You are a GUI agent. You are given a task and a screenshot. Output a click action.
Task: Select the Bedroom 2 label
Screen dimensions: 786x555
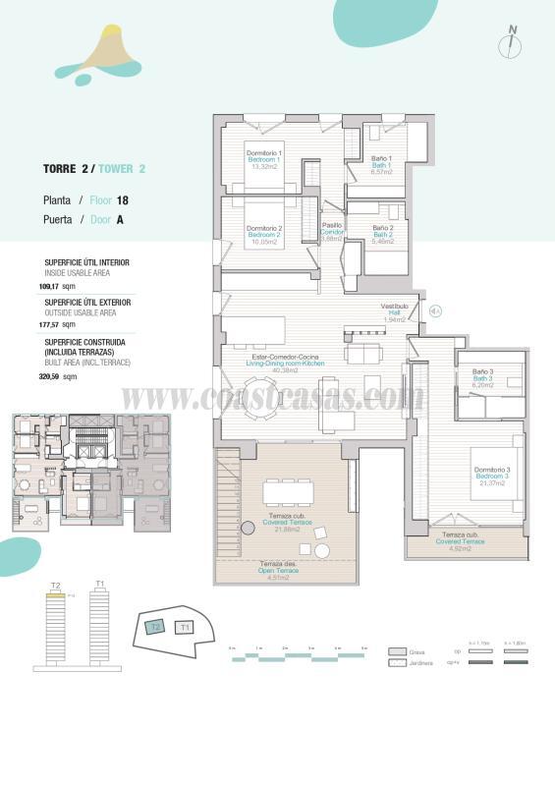tap(264, 236)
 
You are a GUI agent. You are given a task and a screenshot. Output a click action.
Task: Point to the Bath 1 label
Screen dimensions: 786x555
tap(381, 165)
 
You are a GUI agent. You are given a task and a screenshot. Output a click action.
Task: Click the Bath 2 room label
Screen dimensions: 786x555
tap(382, 235)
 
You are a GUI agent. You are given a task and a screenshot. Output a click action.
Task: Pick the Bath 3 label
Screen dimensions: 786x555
tap(481, 378)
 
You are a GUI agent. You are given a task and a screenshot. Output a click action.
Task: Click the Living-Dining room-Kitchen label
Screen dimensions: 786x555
tap(285, 364)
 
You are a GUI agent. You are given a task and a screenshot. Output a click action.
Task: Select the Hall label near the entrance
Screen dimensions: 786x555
tap(395, 312)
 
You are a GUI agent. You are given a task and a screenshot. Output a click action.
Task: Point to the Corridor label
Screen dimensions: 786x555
tap(332, 232)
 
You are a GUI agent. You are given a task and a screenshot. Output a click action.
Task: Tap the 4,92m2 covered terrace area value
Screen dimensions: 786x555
tap(460, 548)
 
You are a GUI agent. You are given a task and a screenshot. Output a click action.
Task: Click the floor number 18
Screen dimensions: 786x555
tap(123, 200)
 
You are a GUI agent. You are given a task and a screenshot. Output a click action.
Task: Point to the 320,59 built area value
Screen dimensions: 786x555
tap(49, 376)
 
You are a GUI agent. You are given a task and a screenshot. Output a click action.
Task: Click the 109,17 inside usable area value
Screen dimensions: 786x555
tap(48, 286)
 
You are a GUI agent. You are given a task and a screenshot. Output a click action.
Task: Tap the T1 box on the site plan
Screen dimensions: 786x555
tap(185, 626)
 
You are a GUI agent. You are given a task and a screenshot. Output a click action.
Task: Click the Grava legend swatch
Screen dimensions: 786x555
tap(397, 651)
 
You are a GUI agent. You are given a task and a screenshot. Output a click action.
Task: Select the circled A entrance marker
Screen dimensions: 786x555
tap(436, 311)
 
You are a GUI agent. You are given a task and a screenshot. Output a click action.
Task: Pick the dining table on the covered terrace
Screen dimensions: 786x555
tap(287, 488)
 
